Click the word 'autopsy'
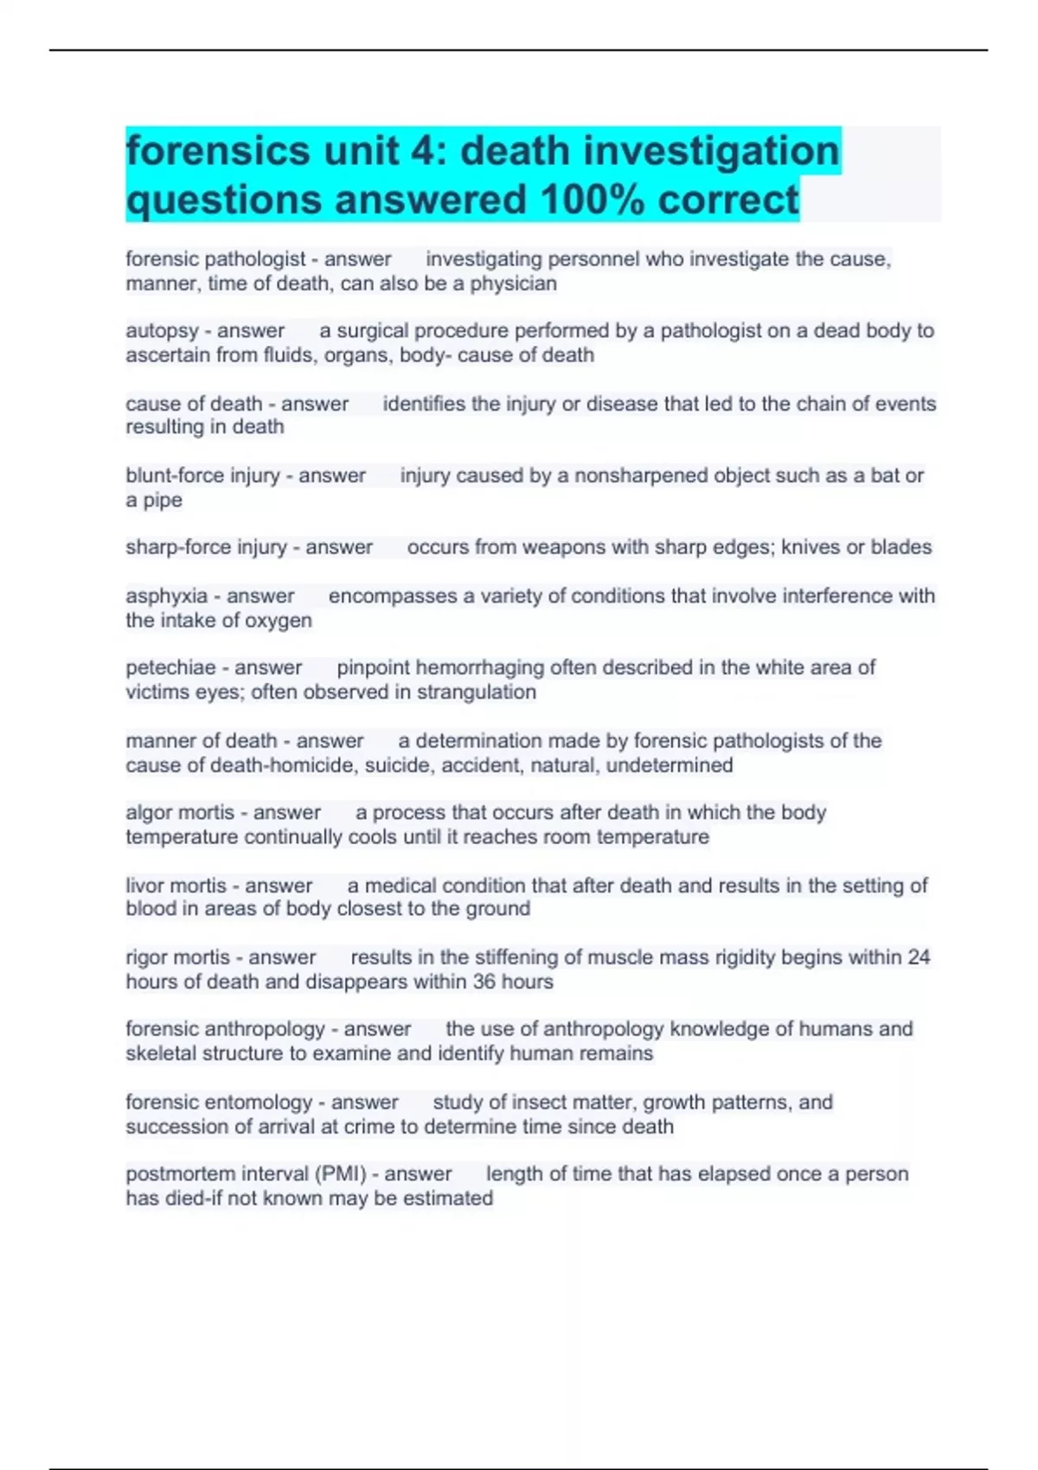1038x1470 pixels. point(162,331)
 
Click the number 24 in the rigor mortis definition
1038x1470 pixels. point(918,957)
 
